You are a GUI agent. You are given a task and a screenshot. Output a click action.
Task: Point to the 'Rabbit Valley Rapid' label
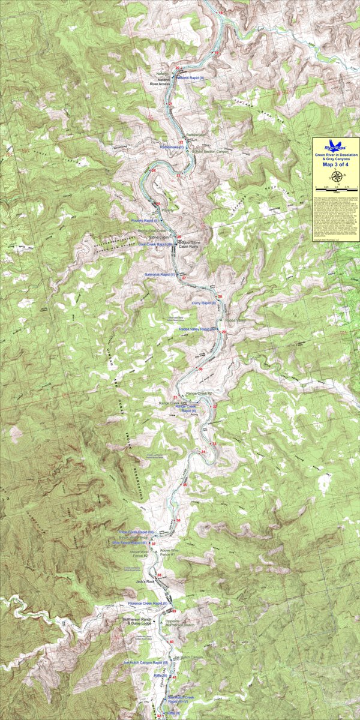point(197,329)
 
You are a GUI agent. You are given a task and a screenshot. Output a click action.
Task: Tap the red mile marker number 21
point(171,104)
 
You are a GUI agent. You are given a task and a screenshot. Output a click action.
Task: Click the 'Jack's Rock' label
point(145,581)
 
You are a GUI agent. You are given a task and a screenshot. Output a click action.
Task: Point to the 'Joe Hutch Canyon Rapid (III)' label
point(142,662)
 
